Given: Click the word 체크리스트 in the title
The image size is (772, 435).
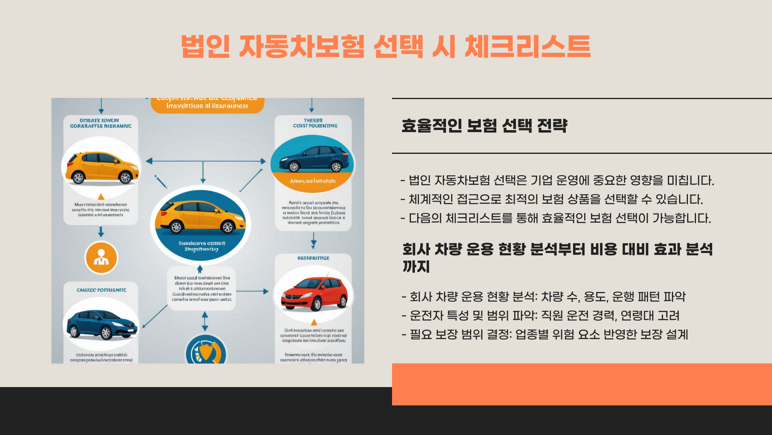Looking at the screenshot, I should [527, 47].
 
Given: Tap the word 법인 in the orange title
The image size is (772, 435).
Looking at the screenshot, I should [205, 47].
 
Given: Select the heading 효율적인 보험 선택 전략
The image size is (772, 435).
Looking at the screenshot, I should [484, 126].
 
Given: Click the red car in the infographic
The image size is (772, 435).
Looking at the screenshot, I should [314, 294].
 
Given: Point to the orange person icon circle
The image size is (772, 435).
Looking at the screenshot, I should [101, 258].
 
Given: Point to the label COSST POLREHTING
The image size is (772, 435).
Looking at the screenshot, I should [315, 126].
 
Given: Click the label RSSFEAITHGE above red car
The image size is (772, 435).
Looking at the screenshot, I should [313, 258].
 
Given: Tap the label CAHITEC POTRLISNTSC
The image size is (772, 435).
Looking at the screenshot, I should [101, 290].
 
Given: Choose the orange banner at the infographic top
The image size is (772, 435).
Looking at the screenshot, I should [207, 105].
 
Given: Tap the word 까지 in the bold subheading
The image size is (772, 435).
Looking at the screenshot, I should [416, 267].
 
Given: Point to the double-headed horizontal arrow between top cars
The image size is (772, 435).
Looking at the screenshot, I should [205, 161].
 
